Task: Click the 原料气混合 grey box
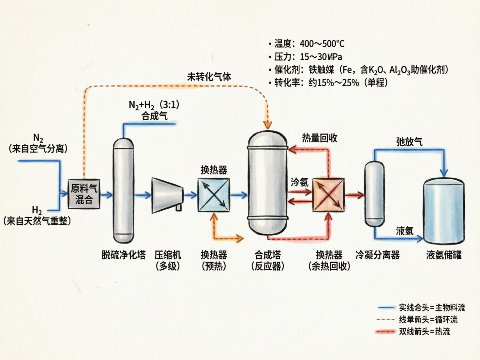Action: (x=84, y=194)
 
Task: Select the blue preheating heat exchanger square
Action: (x=214, y=195)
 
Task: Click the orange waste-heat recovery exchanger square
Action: (x=328, y=195)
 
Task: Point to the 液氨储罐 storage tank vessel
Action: (x=443, y=212)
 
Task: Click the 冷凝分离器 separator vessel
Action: (x=374, y=194)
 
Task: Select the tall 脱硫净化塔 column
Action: (x=123, y=191)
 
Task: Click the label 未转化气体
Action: (x=209, y=77)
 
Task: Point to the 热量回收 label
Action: (x=320, y=138)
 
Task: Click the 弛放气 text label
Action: (x=409, y=142)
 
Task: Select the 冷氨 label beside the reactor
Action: (x=299, y=182)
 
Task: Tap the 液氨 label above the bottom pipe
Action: (x=405, y=231)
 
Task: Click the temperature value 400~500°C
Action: (x=322, y=44)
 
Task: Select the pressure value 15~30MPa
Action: (x=321, y=57)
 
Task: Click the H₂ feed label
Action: (x=37, y=210)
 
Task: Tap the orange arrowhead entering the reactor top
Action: (x=268, y=125)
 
